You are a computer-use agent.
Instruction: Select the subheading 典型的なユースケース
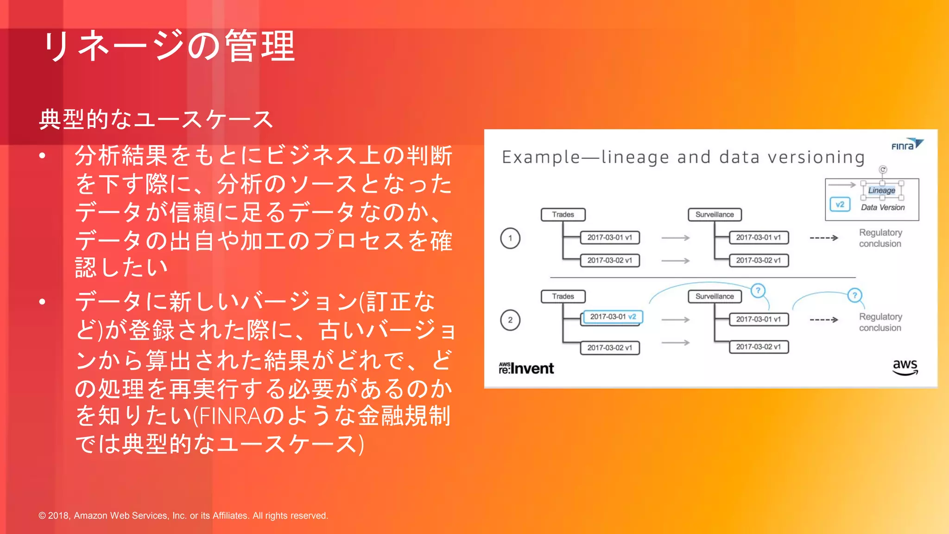(x=156, y=119)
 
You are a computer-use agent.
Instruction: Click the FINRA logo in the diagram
(x=906, y=145)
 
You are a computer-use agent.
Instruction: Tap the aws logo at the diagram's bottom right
(x=905, y=367)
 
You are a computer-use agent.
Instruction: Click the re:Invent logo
(x=526, y=368)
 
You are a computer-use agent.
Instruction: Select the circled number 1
(x=510, y=238)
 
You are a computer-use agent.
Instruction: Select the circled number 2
(x=510, y=320)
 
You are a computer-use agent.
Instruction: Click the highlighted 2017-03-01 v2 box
(x=613, y=317)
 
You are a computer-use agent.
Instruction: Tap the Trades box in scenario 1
(x=563, y=215)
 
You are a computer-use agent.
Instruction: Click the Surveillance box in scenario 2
(x=715, y=296)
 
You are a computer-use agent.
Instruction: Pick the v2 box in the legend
(x=840, y=204)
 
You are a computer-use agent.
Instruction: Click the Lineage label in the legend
(x=881, y=191)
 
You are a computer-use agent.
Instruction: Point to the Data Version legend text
(x=882, y=208)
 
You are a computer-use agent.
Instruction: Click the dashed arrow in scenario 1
(x=823, y=238)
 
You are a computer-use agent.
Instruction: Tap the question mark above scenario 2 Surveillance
(x=758, y=291)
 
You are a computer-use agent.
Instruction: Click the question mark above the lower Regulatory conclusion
(x=854, y=295)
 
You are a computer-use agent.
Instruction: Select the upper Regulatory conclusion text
(x=880, y=238)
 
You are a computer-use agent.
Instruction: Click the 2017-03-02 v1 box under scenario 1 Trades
(x=610, y=261)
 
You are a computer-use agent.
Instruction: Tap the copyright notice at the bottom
(x=183, y=515)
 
